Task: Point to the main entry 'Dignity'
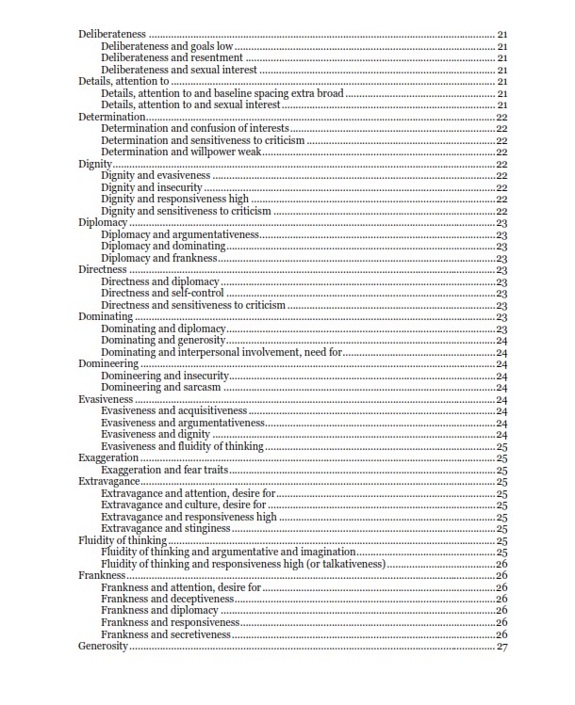[94, 164]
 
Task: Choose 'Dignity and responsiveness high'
[174, 199]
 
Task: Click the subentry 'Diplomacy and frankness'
[159, 258]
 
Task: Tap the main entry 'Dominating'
[105, 317]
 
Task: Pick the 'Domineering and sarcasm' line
[161, 387]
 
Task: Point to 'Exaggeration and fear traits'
[165, 470]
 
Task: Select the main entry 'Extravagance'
[108, 481]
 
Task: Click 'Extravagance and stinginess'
[166, 529]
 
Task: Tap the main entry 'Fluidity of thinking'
[122, 540]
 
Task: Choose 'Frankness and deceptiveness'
[167, 599]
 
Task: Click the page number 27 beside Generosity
[501, 647]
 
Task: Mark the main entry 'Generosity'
[103, 647]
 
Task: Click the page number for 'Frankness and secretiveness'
[501, 634]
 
